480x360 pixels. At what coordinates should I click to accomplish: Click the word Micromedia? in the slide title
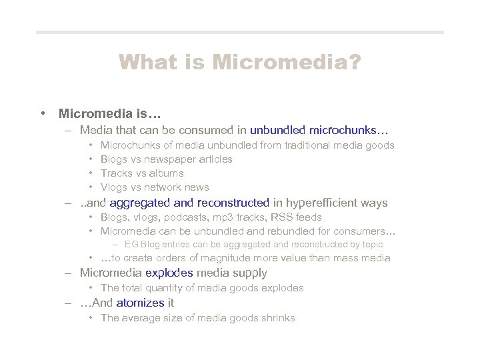click(x=287, y=63)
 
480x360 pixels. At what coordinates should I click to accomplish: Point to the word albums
click(x=167, y=173)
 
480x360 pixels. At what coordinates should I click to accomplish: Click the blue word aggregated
click(x=140, y=203)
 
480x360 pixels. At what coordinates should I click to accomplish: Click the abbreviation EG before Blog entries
click(x=131, y=245)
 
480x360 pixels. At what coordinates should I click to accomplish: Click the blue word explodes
click(x=169, y=273)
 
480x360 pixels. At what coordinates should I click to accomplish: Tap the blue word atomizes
click(x=140, y=303)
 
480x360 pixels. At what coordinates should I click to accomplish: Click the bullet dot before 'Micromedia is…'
click(x=43, y=113)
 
